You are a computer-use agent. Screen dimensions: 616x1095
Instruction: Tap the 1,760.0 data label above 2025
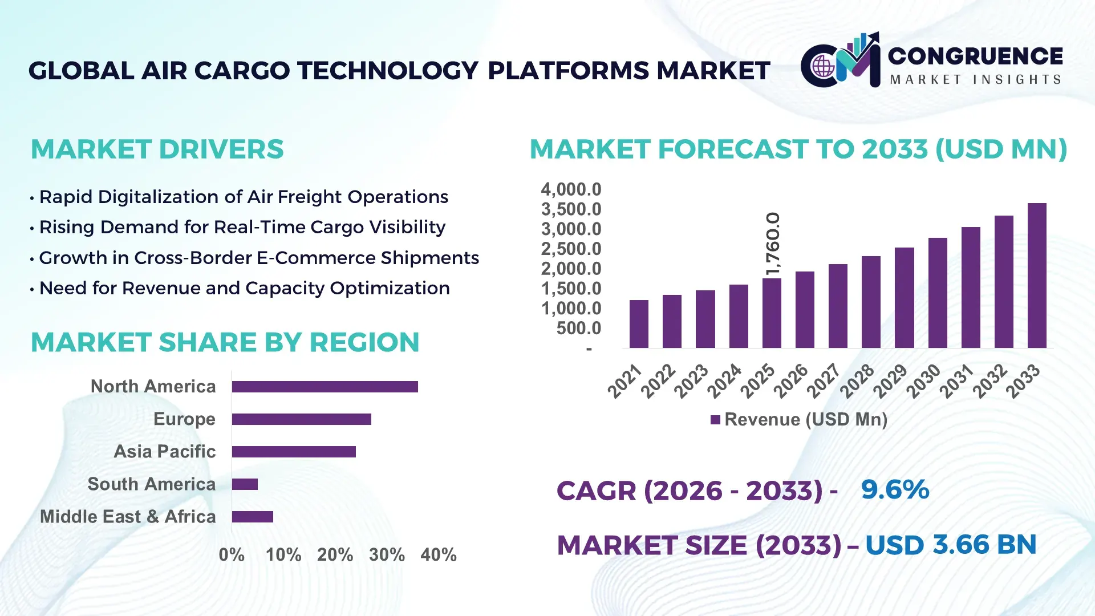772,244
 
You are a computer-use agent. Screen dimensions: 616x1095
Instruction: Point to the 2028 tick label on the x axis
857,380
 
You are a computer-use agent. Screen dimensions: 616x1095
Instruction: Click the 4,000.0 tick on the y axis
571,189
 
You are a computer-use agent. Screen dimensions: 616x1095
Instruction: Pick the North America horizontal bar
325,387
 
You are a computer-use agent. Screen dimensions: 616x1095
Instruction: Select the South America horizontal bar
245,484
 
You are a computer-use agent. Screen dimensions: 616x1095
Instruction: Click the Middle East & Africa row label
128,517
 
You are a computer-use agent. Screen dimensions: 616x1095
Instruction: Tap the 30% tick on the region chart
387,555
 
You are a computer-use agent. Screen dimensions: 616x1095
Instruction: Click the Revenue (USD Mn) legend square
715,420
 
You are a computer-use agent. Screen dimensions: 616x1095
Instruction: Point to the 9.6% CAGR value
895,490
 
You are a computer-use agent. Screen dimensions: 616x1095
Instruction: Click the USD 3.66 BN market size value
951,545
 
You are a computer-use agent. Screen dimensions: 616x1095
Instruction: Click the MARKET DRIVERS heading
157,149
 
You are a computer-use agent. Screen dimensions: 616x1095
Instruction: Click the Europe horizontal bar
301,419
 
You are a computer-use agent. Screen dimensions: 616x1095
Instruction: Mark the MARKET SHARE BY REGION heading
225,343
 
